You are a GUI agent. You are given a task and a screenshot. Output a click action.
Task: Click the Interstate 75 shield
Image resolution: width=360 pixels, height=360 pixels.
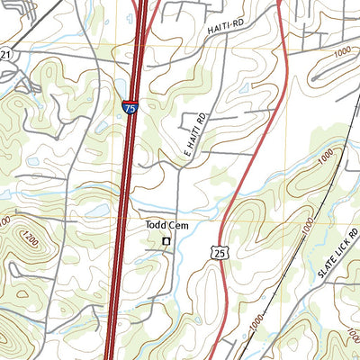click(x=131, y=109)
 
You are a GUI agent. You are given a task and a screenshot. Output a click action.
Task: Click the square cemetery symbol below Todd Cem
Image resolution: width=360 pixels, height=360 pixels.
click(x=166, y=241)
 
